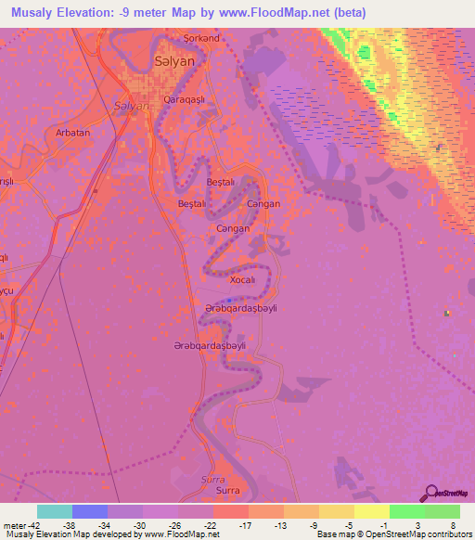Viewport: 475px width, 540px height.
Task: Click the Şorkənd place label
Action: coord(201,38)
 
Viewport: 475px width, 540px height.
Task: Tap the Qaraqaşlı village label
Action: coord(182,98)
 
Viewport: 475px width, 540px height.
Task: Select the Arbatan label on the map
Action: coord(73,133)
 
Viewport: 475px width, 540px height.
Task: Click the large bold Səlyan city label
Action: coord(173,60)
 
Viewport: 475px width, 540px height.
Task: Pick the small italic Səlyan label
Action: coord(131,106)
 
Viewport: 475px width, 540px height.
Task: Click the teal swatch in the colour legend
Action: coord(54,511)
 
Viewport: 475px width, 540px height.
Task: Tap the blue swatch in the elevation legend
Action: coord(89,511)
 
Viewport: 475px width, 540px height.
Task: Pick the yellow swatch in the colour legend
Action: coord(372,511)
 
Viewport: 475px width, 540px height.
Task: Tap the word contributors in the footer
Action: coord(450,534)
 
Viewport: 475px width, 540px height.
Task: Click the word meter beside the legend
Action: coord(14,524)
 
